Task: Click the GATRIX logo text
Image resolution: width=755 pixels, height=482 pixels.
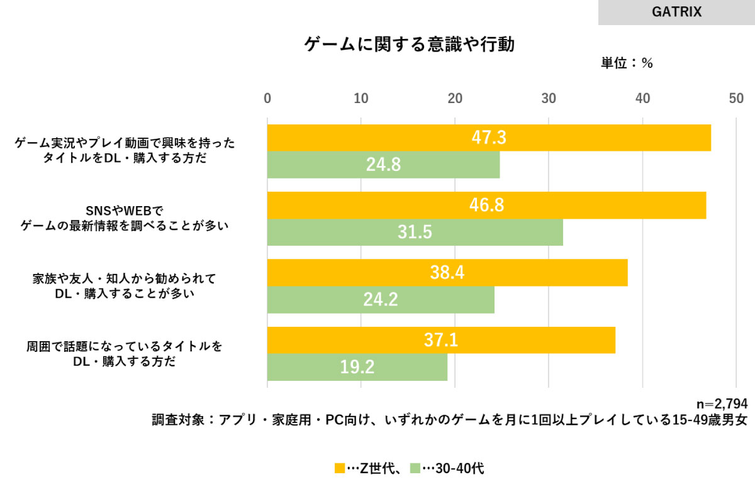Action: tap(677, 12)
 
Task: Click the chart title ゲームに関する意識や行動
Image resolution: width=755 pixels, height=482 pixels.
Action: tap(410, 45)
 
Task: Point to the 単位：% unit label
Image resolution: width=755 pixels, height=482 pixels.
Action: tap(627, 63)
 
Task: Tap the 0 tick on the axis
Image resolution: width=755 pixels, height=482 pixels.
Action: tap(267, 98)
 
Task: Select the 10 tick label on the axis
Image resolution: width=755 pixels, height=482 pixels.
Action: tap(361, 98)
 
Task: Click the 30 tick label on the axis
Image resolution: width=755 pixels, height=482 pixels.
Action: tap(549, 98)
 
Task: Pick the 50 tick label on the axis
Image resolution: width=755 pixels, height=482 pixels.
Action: tap(736, 98)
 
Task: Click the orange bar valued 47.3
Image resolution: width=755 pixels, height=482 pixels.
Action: tap(489, 138)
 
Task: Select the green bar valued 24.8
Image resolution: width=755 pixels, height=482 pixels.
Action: tap(383, 165)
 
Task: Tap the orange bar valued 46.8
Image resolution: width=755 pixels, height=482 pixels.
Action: tap(486, 205)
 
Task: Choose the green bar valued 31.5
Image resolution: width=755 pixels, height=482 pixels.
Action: tap(415, 233)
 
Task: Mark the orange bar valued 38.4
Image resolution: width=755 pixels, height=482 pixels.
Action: tap(447, 273)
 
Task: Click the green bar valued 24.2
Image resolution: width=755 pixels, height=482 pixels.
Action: tap(381, 300)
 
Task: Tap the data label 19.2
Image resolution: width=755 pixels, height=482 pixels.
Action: tap(357, 368)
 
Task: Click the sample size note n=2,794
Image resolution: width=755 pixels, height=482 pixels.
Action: tap(721, 405)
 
